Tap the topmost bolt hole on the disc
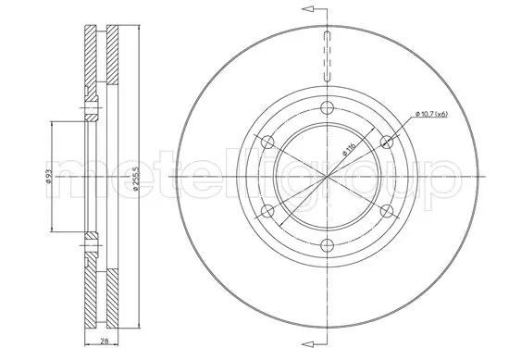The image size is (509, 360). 327,108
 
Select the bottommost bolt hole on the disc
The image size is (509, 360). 327,244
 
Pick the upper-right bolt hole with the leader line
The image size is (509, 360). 386,142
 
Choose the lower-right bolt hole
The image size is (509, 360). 386,210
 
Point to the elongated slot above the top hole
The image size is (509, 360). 327,56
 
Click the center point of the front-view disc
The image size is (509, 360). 327,176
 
